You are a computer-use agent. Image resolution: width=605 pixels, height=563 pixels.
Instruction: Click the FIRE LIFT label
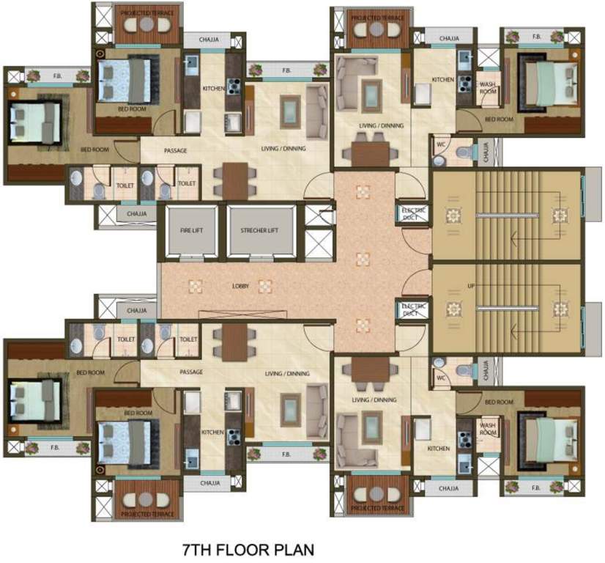190,231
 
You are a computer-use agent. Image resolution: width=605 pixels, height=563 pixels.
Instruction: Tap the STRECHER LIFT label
259,231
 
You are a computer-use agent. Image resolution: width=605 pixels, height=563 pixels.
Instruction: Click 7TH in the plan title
199,548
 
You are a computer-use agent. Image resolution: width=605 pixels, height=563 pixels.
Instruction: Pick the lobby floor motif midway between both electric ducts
363,259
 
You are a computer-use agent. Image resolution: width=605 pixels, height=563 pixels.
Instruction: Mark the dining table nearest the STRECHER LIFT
235,178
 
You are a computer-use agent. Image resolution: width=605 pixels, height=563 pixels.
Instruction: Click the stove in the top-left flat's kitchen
234,87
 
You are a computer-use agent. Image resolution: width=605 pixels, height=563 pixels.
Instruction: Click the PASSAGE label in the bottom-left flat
191,372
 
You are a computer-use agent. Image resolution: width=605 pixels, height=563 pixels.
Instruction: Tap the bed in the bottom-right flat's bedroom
544,433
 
